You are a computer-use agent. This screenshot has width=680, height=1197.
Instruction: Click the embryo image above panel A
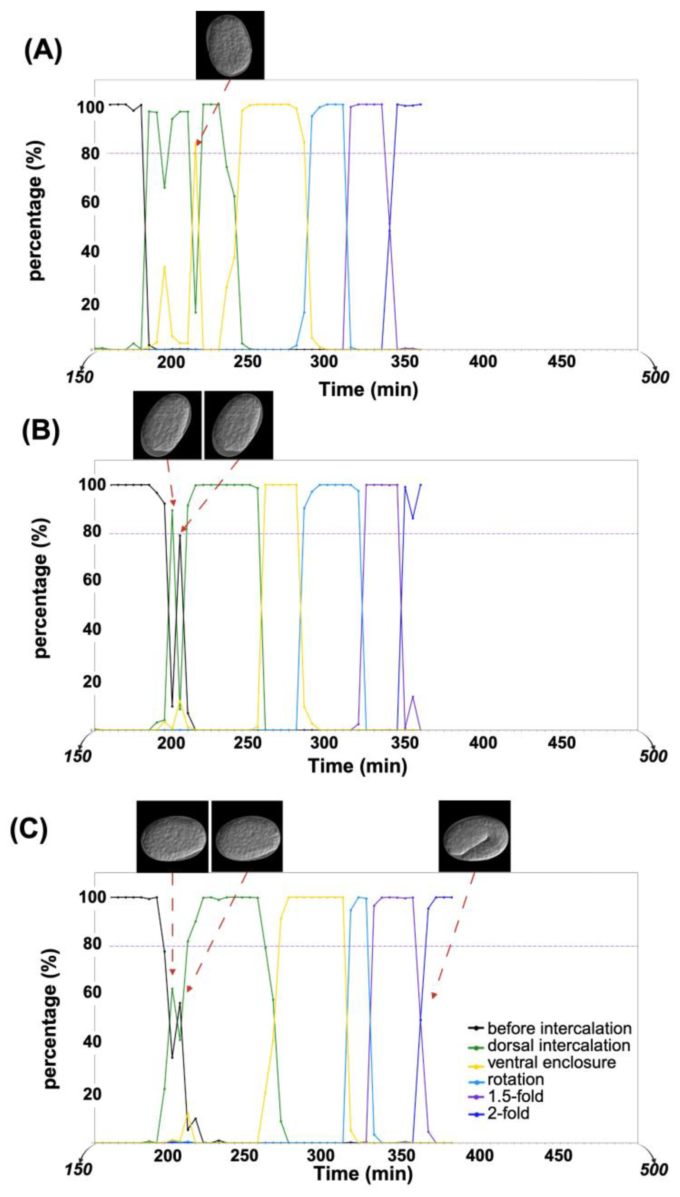(230, 45)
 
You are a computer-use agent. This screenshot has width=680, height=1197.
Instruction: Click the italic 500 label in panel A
(655, 377)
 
